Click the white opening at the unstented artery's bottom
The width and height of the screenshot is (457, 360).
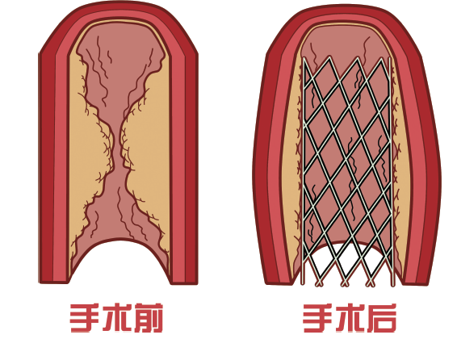120,262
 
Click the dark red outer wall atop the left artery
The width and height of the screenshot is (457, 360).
119,6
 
